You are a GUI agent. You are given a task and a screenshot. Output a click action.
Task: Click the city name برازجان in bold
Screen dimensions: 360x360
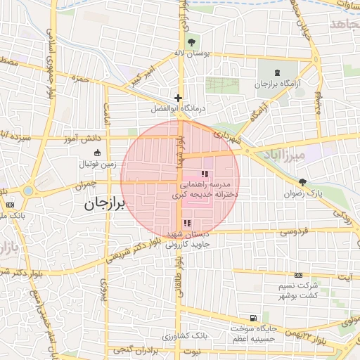pos(103,204)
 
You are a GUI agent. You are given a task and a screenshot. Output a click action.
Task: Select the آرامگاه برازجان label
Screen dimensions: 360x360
pos(276,84)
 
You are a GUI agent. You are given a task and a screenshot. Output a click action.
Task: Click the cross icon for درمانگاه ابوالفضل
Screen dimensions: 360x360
pos(179,98)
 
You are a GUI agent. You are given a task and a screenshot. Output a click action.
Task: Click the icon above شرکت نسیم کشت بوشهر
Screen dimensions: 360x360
pos(299,275)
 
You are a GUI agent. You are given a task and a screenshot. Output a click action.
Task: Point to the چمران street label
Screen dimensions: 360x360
pos(84,186)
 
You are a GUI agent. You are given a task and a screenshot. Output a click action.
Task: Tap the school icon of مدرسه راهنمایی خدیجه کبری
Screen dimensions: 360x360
pos(205,174)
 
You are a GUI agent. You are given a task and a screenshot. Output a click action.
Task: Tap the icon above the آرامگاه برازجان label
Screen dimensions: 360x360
pos(276,73)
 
